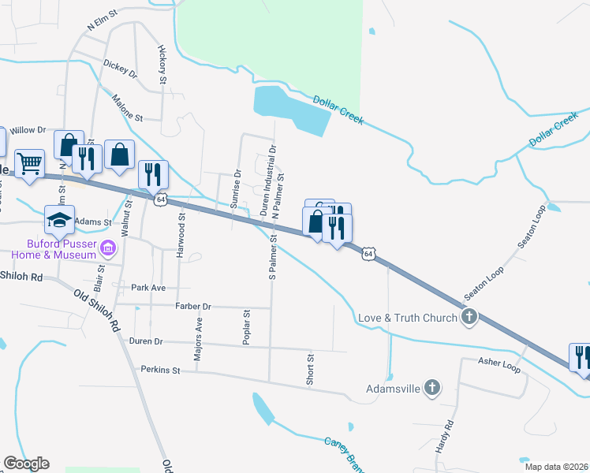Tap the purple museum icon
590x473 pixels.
(x=109, y=250)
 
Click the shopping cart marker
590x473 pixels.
(x=29, y=164)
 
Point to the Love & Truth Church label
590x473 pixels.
(x=408, y=318)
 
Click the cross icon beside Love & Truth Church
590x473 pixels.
(x=469, y=318)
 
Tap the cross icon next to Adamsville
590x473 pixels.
(x=431, y=388)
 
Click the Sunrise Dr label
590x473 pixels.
(x=237, y=188)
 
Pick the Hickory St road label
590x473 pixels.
(x=163, y=65)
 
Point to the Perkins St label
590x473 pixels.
(x=161, y=369)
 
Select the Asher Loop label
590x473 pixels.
(x=499, y=363)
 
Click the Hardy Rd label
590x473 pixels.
(x=446, y=436)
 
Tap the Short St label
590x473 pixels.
(x=311, y=369)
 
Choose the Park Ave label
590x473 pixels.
(x=149, y=288)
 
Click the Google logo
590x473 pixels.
(x=26, y=464)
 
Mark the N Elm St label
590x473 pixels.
(x=102, y=20)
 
